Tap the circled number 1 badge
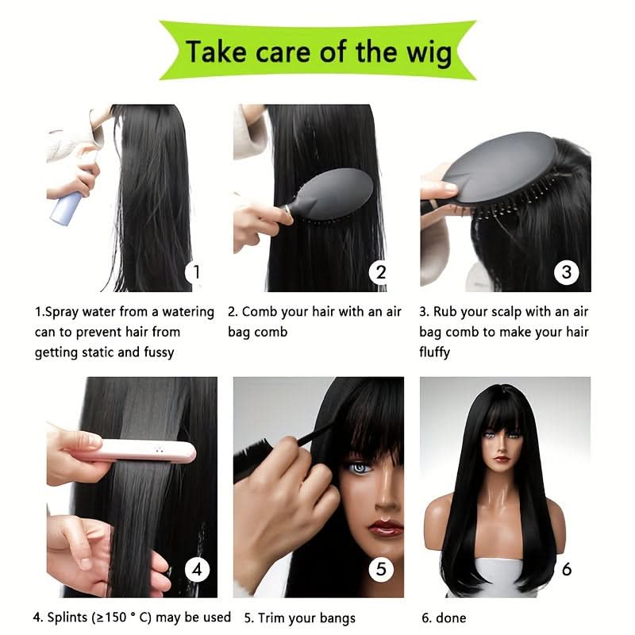tap(196, 272)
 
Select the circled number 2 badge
tap(380, 272)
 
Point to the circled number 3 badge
tap(566, 272)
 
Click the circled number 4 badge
tap(197, 569)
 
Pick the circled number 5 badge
tap(381, 569)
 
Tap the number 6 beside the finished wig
tap(567, 569)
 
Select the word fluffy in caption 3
tap(434, 352)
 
